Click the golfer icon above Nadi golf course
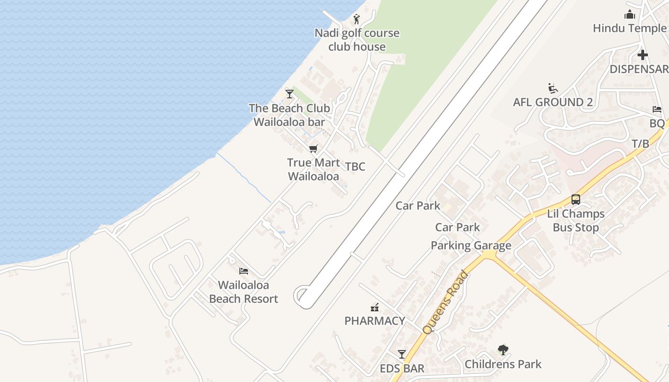[356, 19]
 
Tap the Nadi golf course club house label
[356, 40]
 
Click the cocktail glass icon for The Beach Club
[289, 94]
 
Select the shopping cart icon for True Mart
[313, 149]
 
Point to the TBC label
[355, 167]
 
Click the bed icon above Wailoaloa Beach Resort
[244, 271]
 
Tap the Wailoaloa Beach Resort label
[244, 292]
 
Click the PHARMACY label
[375, 321]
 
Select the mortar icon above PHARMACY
[375, 307]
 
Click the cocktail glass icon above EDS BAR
[401, 354]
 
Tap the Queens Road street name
[445, 303]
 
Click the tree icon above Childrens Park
[503, 350]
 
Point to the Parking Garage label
[471, 245]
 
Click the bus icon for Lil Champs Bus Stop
[575, 200]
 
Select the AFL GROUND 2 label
[553, 102]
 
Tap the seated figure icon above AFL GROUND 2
[553, 88]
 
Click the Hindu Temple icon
[629, 14]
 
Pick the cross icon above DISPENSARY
[642, 55]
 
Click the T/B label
[640, 144]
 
